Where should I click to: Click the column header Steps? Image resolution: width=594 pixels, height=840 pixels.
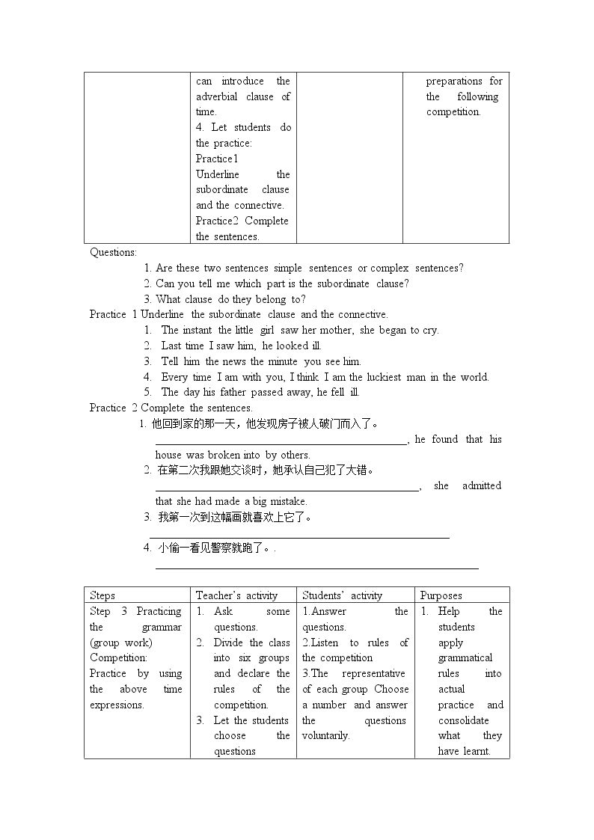(102, 595)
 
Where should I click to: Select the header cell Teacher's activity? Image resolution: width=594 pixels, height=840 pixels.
(236, 595)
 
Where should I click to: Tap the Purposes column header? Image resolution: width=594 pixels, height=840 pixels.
(441, 595)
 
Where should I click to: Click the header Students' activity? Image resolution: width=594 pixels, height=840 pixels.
(342, 595)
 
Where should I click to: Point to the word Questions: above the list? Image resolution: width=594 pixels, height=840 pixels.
(113, 252)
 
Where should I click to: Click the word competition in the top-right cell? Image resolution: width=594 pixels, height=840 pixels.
(453, 112)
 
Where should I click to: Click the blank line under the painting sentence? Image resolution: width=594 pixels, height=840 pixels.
(299, 536)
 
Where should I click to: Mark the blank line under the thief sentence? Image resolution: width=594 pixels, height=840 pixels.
(316, 568)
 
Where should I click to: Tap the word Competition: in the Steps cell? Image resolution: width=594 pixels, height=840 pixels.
(118, 658)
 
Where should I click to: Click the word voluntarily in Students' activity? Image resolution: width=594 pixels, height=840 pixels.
(325, 736)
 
